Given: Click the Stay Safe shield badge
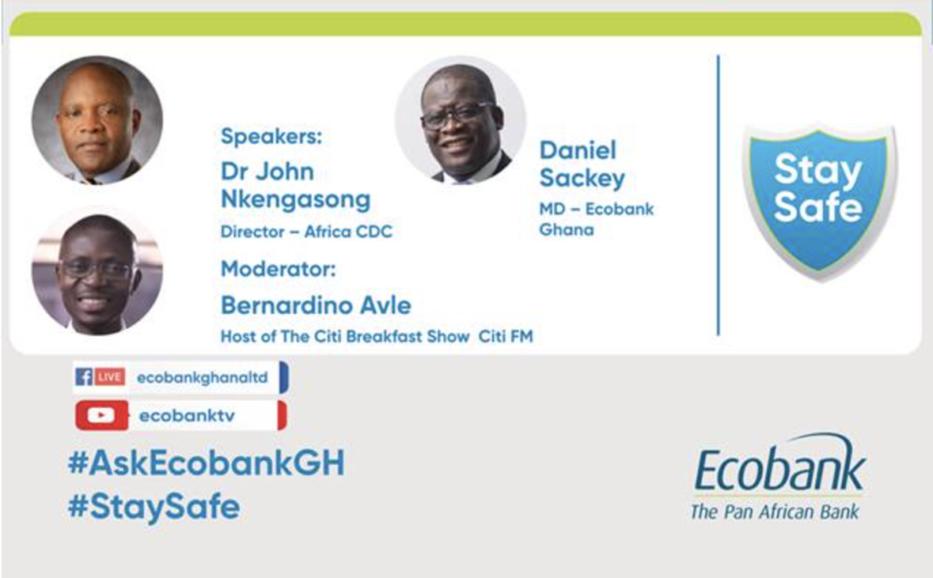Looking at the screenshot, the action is [x=819, y=201].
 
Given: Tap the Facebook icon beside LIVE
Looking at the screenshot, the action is [x=84, y=377].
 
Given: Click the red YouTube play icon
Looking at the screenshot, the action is [x=101, y=415].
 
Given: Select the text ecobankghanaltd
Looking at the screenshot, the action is [x=202, y=378].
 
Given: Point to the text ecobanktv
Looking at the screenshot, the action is [x=187, y=416].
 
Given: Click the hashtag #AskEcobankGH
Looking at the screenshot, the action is [x=207, y=463].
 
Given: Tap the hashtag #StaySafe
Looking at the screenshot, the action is [x=154, y=507].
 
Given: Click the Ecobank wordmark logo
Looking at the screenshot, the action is [x=780, y=464].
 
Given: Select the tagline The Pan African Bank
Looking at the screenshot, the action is [x=774, y=512].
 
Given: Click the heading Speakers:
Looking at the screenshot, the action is [x=272, y=137].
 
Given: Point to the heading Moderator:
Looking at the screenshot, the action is [x=279, y=269].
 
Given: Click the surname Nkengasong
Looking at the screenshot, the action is [x=296, y=200].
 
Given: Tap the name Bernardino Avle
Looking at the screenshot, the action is [x=316, y=306].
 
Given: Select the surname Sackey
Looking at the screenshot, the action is [x=582, y=178].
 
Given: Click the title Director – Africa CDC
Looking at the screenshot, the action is [x=306, y=231].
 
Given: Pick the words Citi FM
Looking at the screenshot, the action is [x=506, y=337].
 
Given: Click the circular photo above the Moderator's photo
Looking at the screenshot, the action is [x=97, y=120].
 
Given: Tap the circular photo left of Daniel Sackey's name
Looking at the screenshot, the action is [x=460, y=120].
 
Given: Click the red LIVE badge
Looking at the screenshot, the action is [x=109, y=377].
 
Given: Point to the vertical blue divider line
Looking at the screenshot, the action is [x=718, y=195].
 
